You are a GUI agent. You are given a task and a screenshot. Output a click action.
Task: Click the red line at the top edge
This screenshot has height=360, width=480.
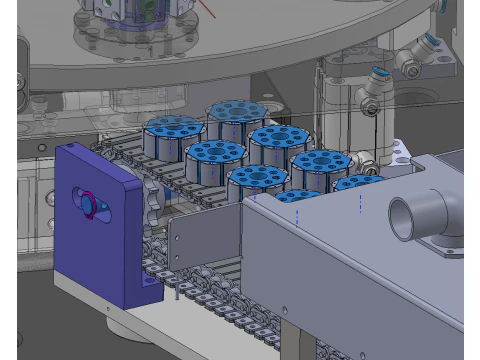[x=205, y=9]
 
